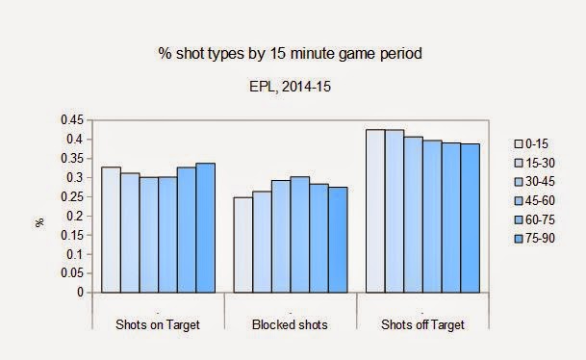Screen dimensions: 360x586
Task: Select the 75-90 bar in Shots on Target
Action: click(205, 228)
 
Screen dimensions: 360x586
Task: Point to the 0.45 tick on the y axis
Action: click(70, 120)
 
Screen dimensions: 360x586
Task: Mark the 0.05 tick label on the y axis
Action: click(70, 274)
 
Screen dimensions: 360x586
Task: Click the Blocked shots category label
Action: click(291, 325)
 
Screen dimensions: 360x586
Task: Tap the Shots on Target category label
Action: click(158, 325)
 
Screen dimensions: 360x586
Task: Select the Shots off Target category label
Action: click(422, 325)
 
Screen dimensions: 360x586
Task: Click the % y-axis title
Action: click(39, 221)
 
